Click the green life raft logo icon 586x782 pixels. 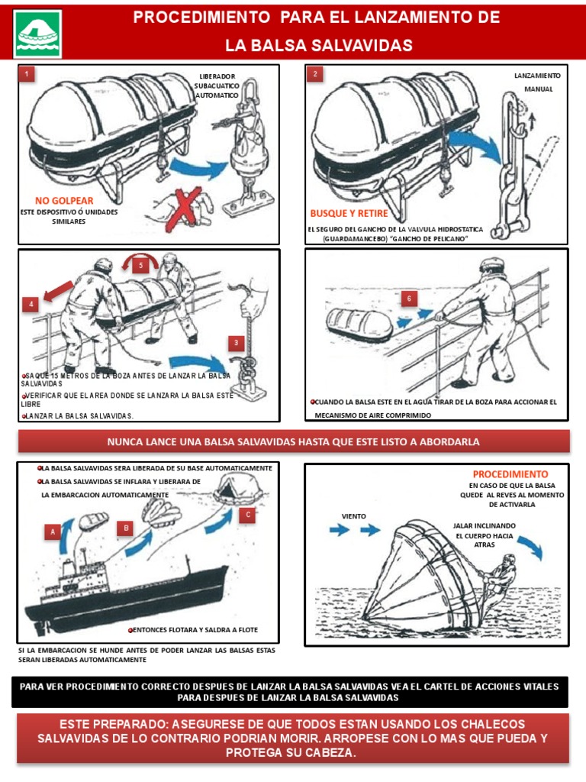tap(37, 34)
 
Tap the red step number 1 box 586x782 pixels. tap(27, 74)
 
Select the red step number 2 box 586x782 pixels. tap(314, 74)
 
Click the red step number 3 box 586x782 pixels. tap(237, 343)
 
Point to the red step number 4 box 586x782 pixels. tap(31, 304)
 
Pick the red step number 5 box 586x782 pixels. tap(139, 265)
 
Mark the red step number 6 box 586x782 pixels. tap(409, 299)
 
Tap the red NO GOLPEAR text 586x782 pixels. tap(69, 201)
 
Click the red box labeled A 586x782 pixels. tap(53, 531)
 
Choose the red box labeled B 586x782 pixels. tap(125, 528)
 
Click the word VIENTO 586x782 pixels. tap(354, 516)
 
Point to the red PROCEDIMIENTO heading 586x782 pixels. tap(510, 474)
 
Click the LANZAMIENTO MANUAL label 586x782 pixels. tap(538, 82)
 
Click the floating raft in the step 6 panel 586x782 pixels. tap(359, 325)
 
